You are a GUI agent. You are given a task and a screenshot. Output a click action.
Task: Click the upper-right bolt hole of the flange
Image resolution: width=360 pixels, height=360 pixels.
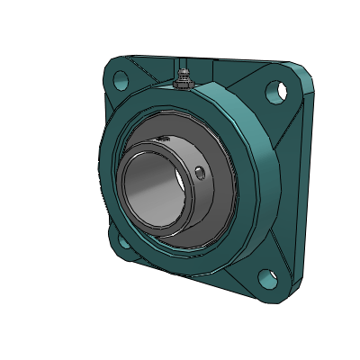[x=276, y=90]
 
